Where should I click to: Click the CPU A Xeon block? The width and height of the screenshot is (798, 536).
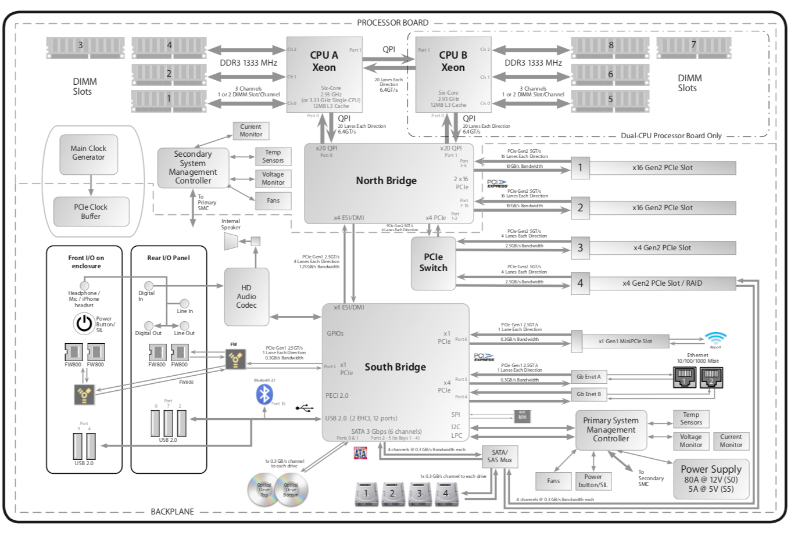[x=324, y=74]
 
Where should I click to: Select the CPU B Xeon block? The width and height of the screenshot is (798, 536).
[x=453, y=74]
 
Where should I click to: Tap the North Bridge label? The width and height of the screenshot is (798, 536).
[x=386, y=181]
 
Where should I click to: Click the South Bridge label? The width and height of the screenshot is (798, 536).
[x=395, y=367]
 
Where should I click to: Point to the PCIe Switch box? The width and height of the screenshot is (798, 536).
[x=433, y=263]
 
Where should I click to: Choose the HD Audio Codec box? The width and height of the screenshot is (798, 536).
[x=246, y=297]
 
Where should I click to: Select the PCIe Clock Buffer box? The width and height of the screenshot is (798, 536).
[x=91, y=211]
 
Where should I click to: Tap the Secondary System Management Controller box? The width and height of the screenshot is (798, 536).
[x=192, y=168]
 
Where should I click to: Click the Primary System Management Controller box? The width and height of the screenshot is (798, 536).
[x=610, y=430]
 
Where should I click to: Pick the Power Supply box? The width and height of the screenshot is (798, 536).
[x=711, y=479]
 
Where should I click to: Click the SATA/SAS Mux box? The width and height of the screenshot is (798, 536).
[x=499, y=456]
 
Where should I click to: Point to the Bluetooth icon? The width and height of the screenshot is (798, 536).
[x=264, y=394]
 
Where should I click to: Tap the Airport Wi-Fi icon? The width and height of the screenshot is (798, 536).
[x=715, y=339]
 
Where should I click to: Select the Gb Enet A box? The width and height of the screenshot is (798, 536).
[x=588, y=377]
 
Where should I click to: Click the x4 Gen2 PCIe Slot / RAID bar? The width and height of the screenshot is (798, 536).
[x=662, y=283]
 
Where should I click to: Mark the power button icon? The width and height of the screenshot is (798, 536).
[x=84, y=323]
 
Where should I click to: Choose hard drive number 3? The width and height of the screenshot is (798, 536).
[x=419, y=494]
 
